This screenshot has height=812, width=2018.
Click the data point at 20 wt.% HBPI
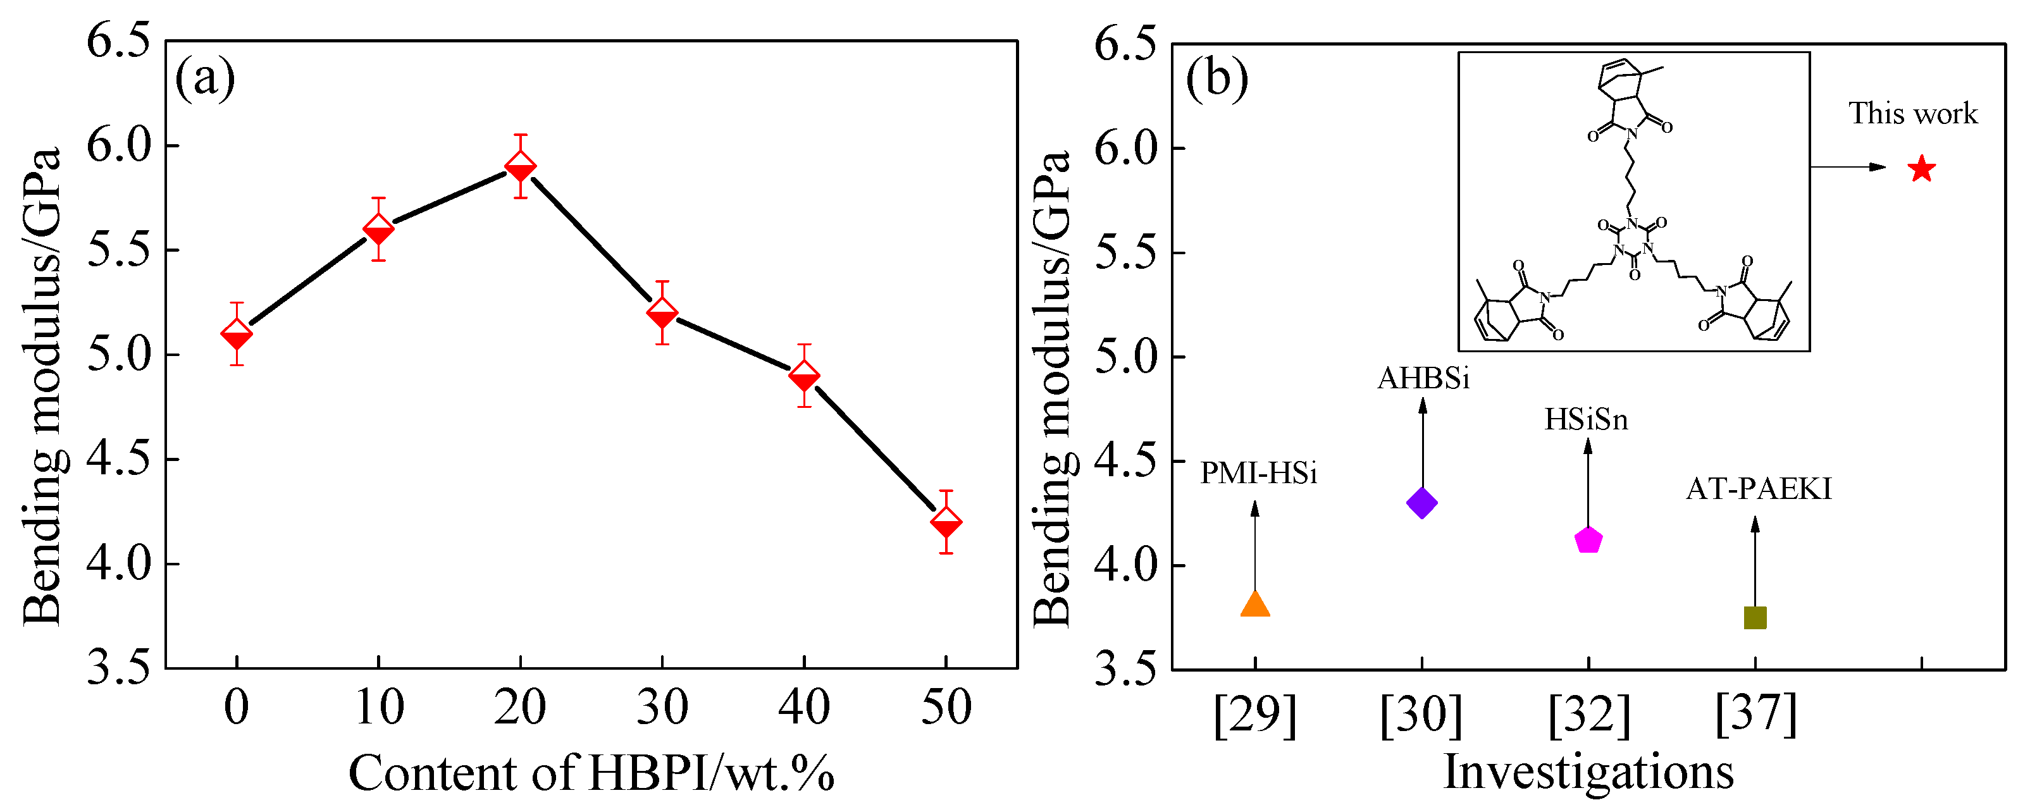tap(520, 167)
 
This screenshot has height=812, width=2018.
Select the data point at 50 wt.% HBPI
tap(946, 522)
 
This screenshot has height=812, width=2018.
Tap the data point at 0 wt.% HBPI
tap(237, 335)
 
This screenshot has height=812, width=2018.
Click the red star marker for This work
tap(1921, 168)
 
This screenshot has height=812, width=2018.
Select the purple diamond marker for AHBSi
tap(1422, 503)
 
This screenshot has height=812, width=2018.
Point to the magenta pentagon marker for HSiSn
tap(1588, 540)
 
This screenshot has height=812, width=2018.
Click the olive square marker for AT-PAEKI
tap(1755, 618)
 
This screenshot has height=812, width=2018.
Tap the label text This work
tap(1912, 114)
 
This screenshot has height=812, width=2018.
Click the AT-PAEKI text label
tap(1759, 489)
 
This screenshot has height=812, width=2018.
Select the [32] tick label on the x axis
tap(1588, 714)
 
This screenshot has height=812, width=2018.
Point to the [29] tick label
tap(1255, 714)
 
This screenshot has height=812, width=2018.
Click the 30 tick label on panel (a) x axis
tap(662, 707)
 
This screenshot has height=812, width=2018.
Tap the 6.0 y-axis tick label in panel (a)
tap(118, 145)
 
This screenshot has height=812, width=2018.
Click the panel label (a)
tap(204, 78)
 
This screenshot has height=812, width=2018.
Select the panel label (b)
tap(1216, 78)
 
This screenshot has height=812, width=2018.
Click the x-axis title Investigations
tap(1588, 772)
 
